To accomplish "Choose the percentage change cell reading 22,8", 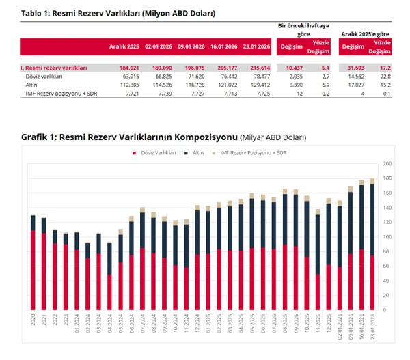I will pyautogui.click(x=386, y=76).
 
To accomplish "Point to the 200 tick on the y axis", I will pyautogui.click(x=386, y=164).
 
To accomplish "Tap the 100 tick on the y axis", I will pyautogui.click(x=386, y=237).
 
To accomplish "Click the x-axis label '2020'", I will pyautogui.click(x=33, y=321).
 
